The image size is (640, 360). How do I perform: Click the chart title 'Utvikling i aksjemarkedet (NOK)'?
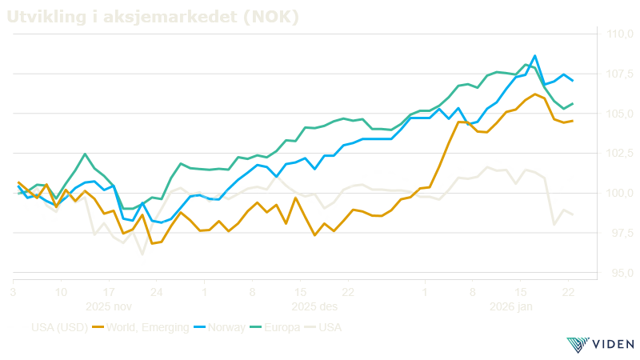(x=153, y=17)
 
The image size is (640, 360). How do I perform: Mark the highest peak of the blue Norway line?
(x=534, y=56)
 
